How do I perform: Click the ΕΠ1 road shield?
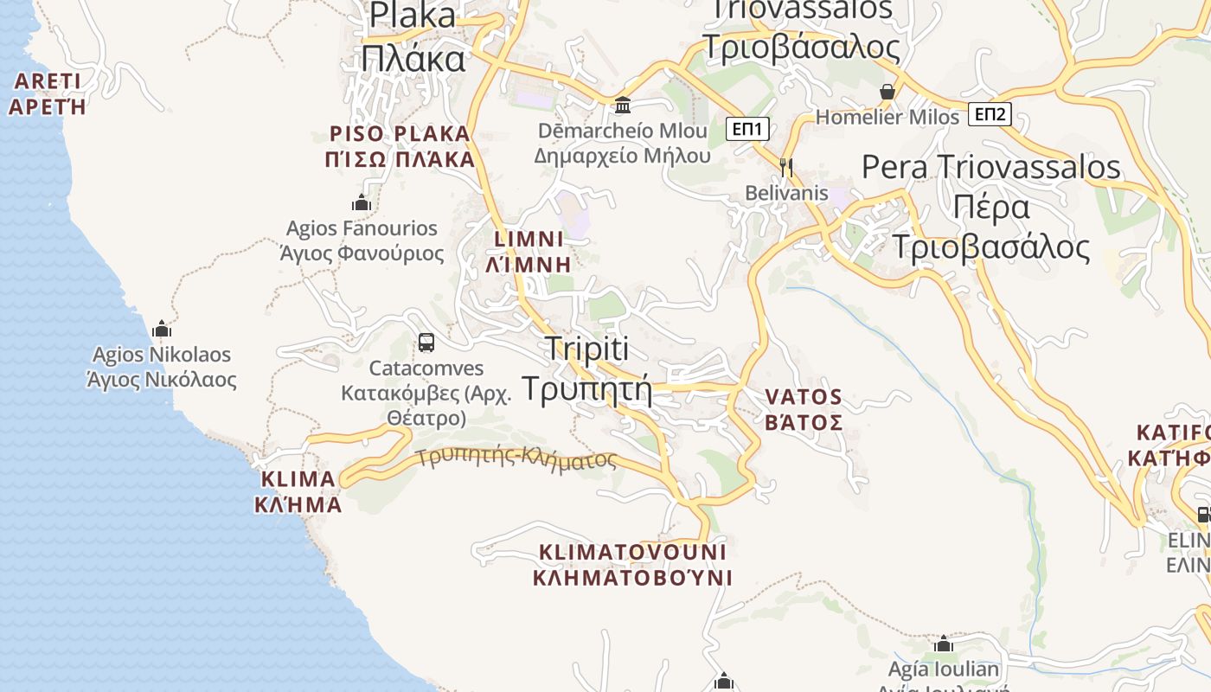point(747,130)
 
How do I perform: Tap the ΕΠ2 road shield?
point(990,114)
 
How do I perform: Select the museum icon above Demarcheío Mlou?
point(622,106)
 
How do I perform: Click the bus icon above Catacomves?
point(426,343)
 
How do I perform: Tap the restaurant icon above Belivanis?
point(786,167)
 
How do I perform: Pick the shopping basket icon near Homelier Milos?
point(887,92)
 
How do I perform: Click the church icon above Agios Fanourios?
point(362,203)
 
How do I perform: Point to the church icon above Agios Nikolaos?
point(161,330)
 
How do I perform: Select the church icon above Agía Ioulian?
point(944,644)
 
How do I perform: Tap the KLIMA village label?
point(298,491)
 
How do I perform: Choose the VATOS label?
point(804,409)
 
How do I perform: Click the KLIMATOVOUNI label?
point(632,564)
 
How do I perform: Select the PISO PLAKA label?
point(401,146)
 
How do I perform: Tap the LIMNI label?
point(529,251)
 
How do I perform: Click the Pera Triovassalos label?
point(991,207)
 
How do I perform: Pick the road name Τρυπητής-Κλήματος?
point(516,456)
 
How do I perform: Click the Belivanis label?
point(787,193)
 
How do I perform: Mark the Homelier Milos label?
point(887,117)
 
